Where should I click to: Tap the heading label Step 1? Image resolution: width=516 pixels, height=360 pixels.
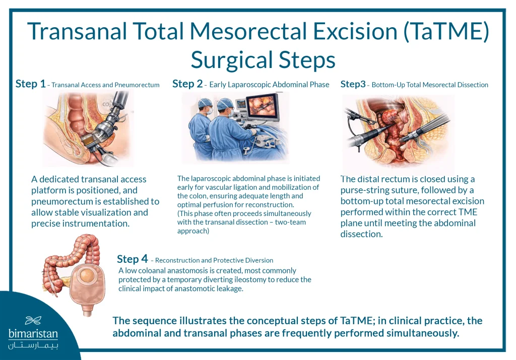pos(30,84)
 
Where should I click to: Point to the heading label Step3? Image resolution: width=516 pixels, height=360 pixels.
pos(353,84)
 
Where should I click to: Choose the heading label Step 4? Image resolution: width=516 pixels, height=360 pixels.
pos(132,259)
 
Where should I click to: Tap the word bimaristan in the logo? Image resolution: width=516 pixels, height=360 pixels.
pos(33,333)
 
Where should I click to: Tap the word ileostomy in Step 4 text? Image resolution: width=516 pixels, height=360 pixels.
pos(239,279)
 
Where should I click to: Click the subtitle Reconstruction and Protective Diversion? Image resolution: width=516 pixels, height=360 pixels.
pos(214,260)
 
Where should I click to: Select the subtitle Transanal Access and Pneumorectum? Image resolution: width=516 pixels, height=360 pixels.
pos(105,85)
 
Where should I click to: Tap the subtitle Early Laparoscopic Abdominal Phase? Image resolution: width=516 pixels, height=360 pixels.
pos(269,85)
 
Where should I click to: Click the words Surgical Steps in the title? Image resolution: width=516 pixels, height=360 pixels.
pos(263,60)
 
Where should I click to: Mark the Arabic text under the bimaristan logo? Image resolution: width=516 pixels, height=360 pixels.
pos(33,346)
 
